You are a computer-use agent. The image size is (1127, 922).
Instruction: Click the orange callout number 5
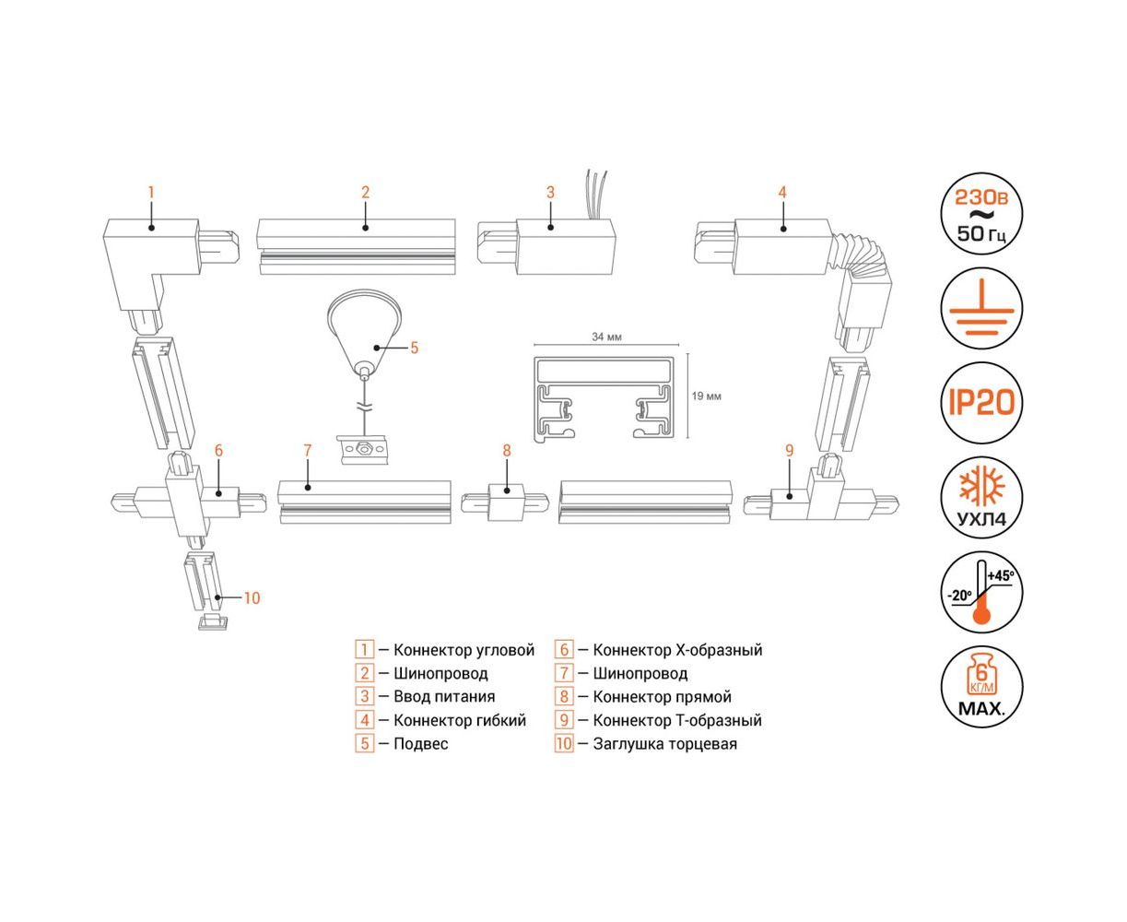(x=414, y=348)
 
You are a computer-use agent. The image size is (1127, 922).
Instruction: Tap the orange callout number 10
(x=252, y=598)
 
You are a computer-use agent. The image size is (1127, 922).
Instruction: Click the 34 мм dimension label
(x=606, y=337)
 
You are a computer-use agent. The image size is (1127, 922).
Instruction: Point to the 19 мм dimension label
(x=706, y=396)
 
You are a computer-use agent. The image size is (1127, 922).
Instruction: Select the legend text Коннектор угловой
(x=464, y=650)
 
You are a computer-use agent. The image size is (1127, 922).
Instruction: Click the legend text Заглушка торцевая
(x=664, y=744)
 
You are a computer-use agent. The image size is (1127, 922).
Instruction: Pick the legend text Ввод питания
(x=443, y=697)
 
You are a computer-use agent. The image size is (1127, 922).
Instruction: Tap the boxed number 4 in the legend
(x=365, y=720)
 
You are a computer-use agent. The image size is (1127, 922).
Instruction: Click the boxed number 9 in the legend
(x=564, y=720)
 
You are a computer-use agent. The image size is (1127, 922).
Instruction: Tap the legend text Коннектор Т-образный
(x=676, y=720)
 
